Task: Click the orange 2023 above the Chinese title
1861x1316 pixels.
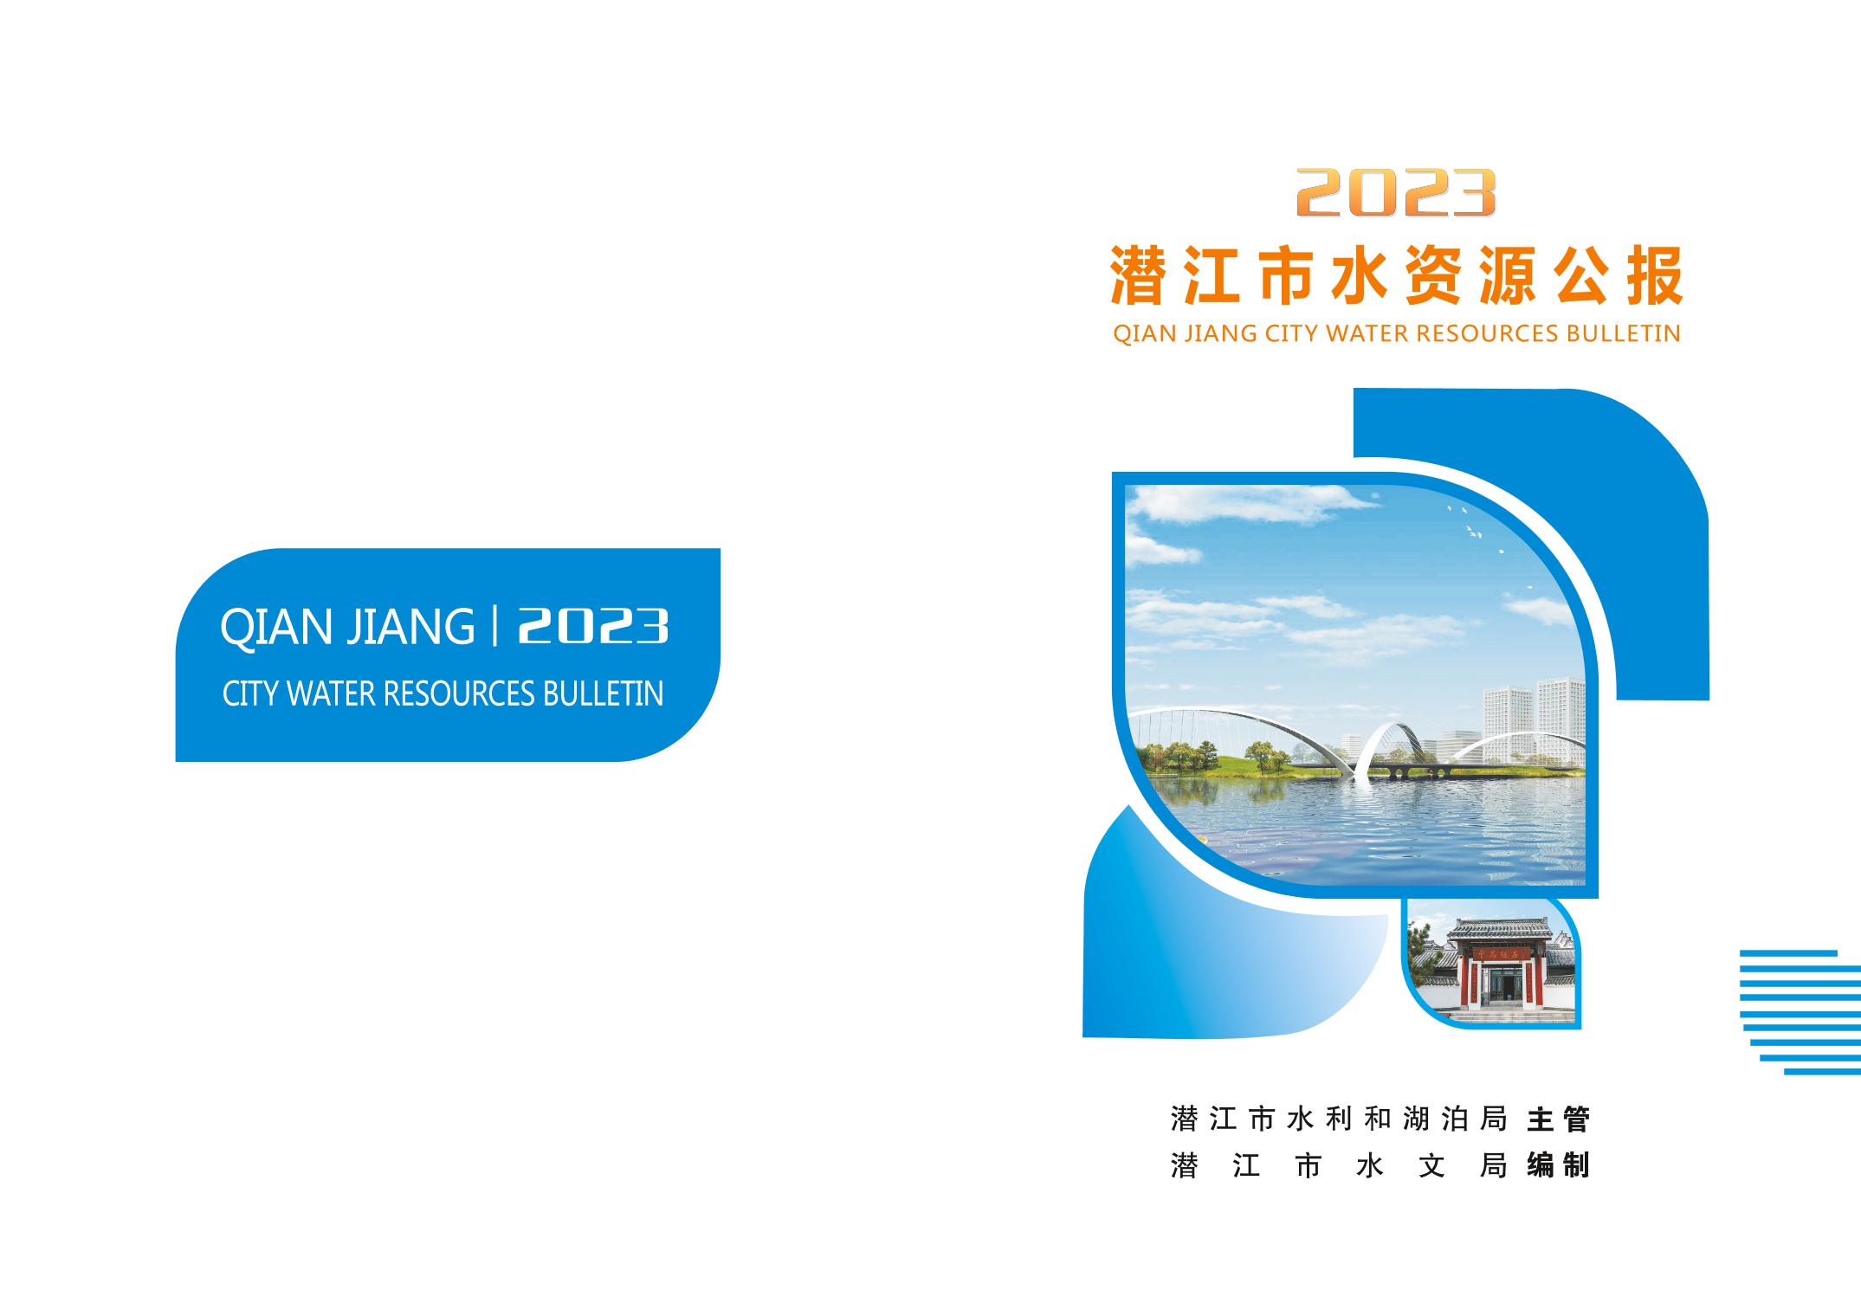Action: coord(1395,192)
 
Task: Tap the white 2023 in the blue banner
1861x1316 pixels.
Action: coord(593,626)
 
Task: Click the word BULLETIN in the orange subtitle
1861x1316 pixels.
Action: coord(1623,334)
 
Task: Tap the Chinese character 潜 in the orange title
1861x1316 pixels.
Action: coord(1137,276)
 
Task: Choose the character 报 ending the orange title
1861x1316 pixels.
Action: coord(1655,276)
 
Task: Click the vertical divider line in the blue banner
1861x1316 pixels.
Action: coord(494,627)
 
